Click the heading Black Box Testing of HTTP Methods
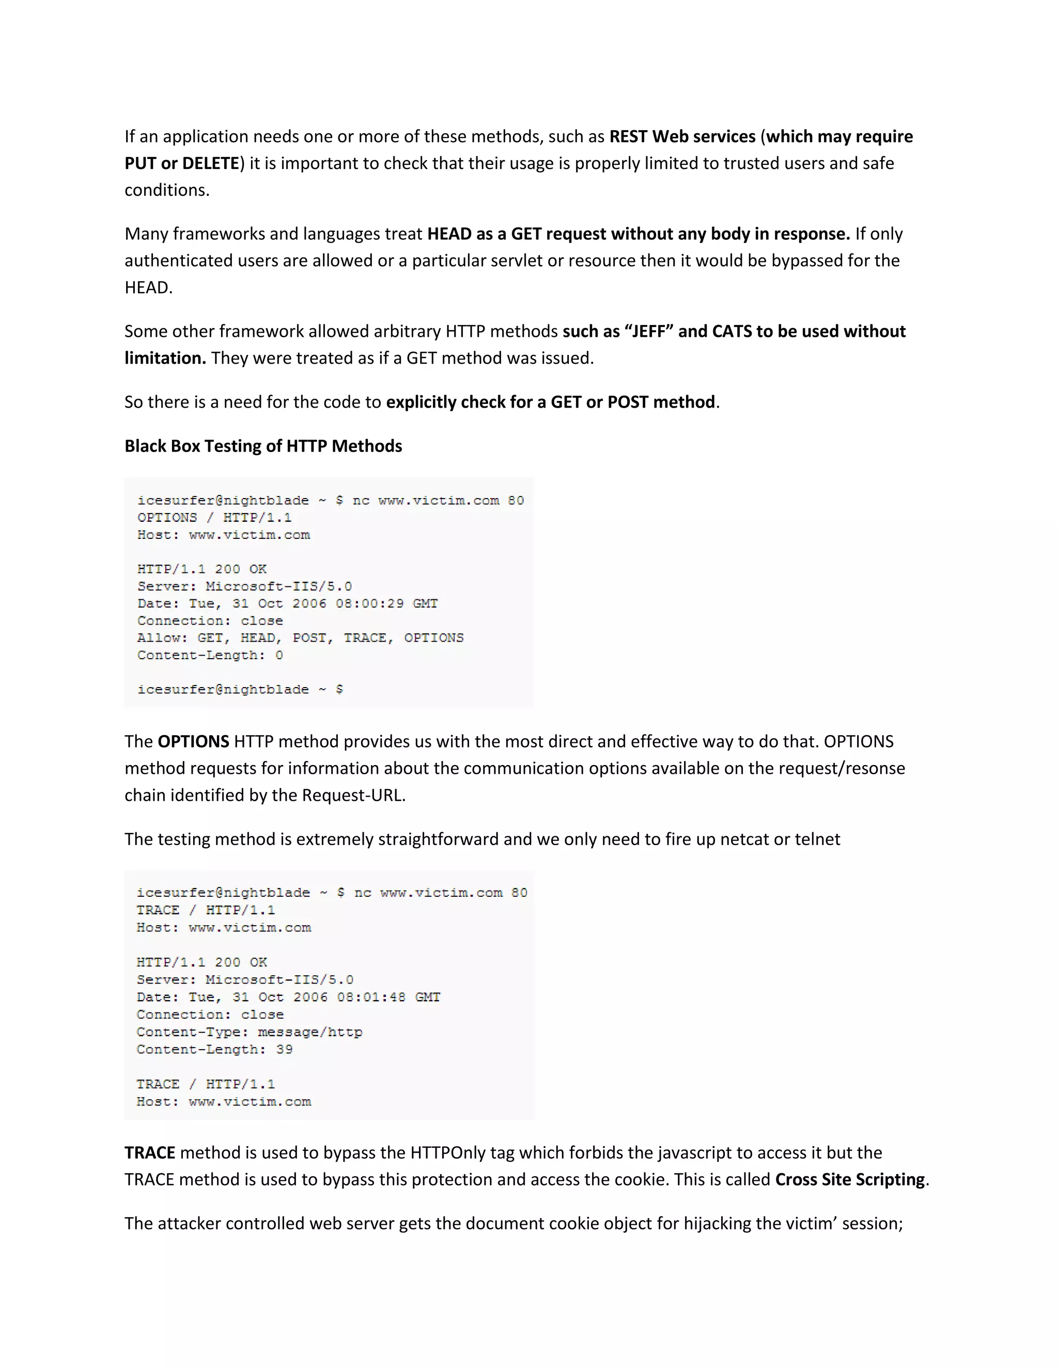tap(263, 446)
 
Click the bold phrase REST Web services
tap(682, 137)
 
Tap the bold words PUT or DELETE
tap(182, 164)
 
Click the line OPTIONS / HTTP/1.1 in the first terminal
tap(214, 518)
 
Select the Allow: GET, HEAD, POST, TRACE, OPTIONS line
tap(300, 638)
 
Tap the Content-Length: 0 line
tap(210, 656)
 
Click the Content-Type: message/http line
tap(250, 1032)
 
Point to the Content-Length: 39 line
tap(214, 1050)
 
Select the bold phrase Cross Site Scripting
tap(850, 1180)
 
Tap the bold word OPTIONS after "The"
tap(193, 741)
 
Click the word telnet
tap(817, 839)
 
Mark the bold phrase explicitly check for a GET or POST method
tap(550, 402)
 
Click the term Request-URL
tap(352, 796)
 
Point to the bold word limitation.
tap(165, 359)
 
